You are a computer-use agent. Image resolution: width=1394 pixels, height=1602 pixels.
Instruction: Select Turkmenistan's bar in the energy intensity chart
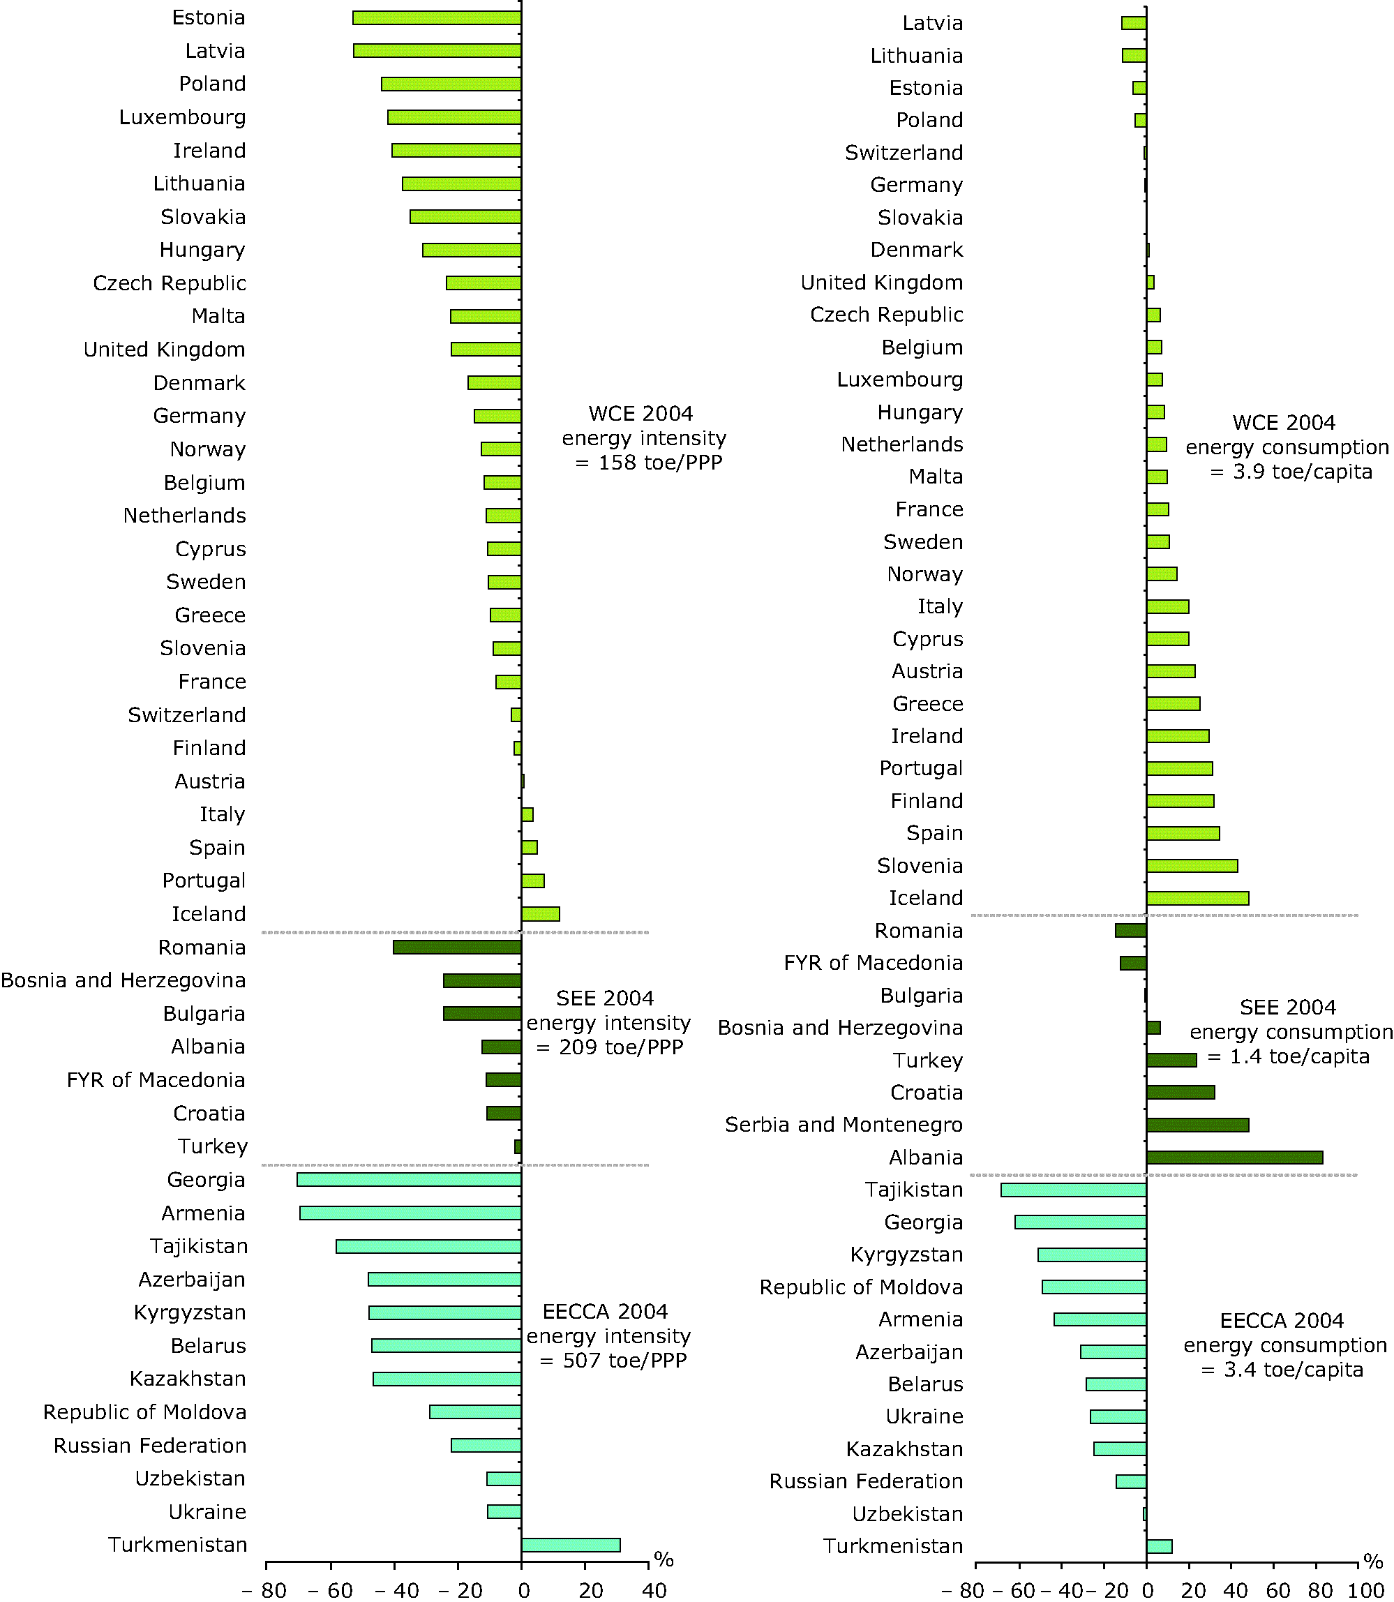[x=570, y=1545]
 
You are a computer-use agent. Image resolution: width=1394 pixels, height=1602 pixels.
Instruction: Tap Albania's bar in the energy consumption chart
[x=1234, y=1158]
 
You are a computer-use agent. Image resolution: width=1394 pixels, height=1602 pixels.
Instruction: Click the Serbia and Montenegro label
[x=844, y=1125]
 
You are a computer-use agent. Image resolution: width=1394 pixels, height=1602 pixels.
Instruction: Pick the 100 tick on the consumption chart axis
[x=1366, y=1590]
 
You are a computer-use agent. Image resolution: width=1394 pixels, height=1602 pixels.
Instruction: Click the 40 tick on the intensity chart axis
[x=654, y=1590]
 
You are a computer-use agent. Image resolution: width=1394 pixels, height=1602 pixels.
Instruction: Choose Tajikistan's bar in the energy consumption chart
[x=1073, y=1190]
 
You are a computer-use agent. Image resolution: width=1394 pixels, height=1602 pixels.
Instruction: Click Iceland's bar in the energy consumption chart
[x=1197, y=899]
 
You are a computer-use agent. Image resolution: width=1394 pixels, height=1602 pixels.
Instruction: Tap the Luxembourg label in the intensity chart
[x=182, y=117]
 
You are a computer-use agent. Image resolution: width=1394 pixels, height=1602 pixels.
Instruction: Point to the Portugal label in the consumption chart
[x=920, y=769]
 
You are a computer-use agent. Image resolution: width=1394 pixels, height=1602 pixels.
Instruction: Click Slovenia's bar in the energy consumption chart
[x=1191, y=866]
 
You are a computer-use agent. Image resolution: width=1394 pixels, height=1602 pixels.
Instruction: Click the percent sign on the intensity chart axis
[x=664, y=1559]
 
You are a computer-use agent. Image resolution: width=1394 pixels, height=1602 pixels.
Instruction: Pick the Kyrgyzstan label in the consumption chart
[x=906, y=1255]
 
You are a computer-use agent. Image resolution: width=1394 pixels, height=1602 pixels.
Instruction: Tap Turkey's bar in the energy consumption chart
[x=1171, y=1061]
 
